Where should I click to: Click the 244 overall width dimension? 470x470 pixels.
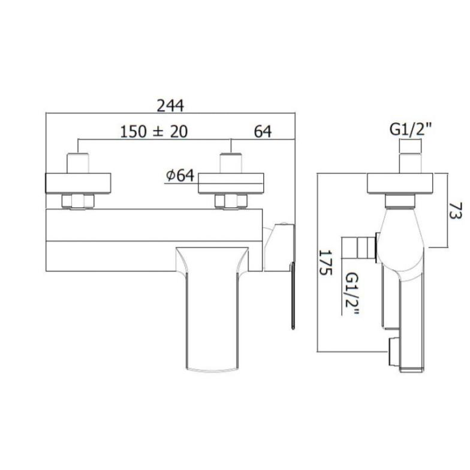[x=170, y=106]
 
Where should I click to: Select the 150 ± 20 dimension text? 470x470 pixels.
[x=153, y=132]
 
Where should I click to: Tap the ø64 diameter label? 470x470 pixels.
[x=180, y=176]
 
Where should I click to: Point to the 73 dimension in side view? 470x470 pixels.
[x=456, y=211]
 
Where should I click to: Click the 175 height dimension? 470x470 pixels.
[x=325, y=263]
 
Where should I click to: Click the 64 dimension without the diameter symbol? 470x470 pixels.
[x=263, y=132]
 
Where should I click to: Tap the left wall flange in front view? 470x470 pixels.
[x=78, y=183]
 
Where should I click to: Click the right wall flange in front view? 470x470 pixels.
[x=231, y=183]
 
